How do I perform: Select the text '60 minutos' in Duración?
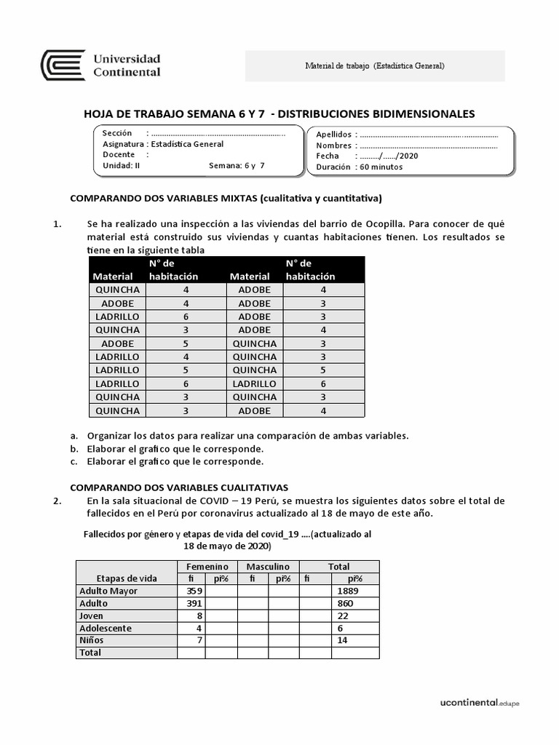(x=381, y=167)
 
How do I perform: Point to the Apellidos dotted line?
(x=429, y=135)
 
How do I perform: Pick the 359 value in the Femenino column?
(x=192, y=591)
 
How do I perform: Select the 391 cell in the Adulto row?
(x=192, y=603)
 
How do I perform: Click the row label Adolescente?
(x=106, y=628)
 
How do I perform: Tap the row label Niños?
(x=92, y=640)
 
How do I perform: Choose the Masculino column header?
(x=268, y=566)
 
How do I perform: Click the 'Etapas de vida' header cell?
(x=127, y=578)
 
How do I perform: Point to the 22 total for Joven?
(x=341, y=615)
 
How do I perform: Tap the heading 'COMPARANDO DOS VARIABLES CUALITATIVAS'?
(x=179, y=487)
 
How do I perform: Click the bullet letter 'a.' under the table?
(x=74, y=435)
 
